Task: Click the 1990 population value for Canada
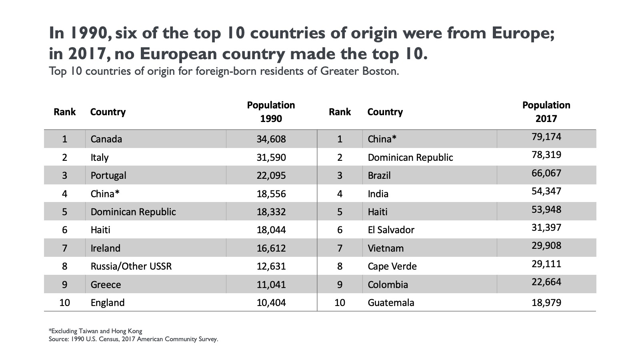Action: (271, 139)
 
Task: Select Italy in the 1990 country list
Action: (100, 158)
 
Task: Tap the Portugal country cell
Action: (108, 176)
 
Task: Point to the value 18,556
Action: (271, 194)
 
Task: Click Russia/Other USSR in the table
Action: (131, 266)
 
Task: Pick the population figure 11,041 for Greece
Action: (271, 285)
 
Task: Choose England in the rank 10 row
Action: (108, 303)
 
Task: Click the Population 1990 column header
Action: (271, 112)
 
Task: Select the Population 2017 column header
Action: (546, 112)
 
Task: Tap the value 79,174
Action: (546, 137)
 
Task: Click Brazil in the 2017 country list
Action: (379, 176)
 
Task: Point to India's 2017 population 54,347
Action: (546, 191)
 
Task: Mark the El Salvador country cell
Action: (391, 230)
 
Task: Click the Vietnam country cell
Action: (386, 248)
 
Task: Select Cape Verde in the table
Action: (392, 266)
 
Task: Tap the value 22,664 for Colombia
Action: (546, 282)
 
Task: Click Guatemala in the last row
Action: (391, 303)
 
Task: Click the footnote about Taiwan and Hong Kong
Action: (95, 331)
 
